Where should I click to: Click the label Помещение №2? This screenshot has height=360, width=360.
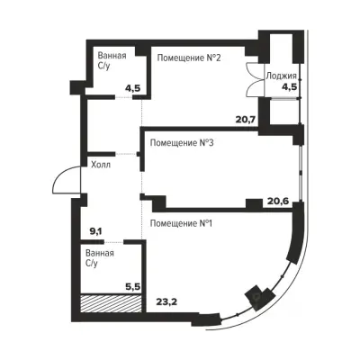pyautogui.click(x=189, y=58)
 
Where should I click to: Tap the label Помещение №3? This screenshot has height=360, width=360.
pyautogui.click(x=182, y=143)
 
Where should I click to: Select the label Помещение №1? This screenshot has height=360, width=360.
pyautogui.click(x=181, y=223)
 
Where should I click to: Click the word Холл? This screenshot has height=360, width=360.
pyautogui.click(x=101, y=165)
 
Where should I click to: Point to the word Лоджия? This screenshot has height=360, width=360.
pyautogui.click(x=281, y=76)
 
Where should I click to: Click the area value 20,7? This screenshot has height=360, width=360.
pyautogui.click(x=246, y=120)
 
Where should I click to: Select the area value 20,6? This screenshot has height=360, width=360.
pyautogui.click(x=278, y=201)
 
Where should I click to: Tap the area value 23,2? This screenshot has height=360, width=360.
pyautogui.click(x=166, y=301)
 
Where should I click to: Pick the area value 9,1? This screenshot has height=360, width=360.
pyautogui.click(x=97, y=231)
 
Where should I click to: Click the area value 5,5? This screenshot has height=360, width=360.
pyautogui.click(x=133, y=287)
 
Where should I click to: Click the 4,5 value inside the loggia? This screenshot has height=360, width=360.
pyautogui.click(x=289, y=87)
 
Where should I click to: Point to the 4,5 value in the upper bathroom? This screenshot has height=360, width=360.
pyautogui.click(x=133, y=89)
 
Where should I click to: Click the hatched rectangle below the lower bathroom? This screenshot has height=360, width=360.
pyautogui.click(x=111, y=303)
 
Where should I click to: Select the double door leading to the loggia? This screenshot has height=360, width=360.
pyautogui.click(x=253, y=79)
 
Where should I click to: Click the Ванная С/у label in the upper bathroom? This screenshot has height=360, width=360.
pyautogui.click(x=112, y=60)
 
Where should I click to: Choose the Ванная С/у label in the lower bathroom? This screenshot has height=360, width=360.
pyautogui.click(x=100, y=258)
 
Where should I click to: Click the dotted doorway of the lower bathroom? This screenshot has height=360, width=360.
pyautogui.click(x=114, y=241)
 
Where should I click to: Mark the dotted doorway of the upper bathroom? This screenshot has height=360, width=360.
pyautogui.click(x=124, y=97)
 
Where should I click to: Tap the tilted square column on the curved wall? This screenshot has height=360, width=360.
pyautogui.click(x=256, y=295)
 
